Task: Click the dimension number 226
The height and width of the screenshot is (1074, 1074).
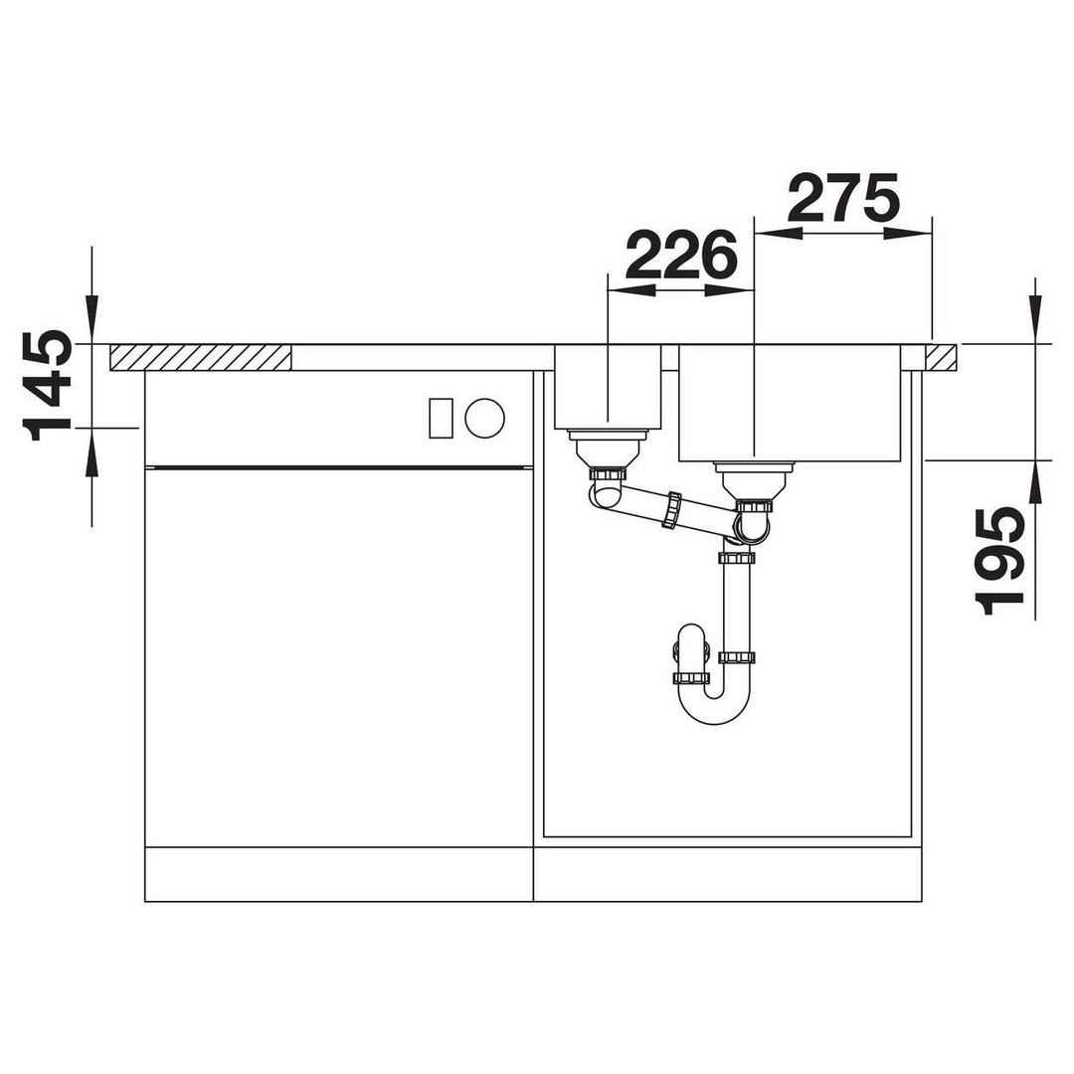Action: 681,255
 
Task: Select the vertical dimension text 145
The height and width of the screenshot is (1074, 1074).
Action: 48,387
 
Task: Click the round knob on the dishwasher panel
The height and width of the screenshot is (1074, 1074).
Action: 485,418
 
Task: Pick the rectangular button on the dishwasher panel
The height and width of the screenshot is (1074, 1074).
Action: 441,418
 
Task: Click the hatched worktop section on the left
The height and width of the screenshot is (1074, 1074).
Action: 201,358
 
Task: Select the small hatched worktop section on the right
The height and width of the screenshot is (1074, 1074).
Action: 943,358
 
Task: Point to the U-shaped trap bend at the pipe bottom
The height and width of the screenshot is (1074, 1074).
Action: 714,705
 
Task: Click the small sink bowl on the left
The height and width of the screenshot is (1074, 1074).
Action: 608,387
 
